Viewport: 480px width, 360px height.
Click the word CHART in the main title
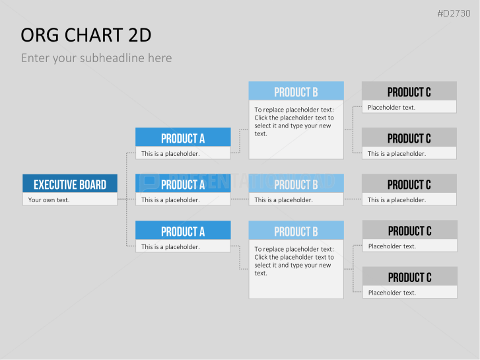93,35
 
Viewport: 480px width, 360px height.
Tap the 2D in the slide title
139,35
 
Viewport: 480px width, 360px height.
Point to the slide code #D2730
454,13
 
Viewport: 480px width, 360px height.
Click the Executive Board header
70,184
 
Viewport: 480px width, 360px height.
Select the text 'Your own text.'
49,200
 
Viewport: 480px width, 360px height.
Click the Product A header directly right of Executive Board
183,184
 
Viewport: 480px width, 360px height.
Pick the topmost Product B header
296,90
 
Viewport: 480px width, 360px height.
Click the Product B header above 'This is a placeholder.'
296,184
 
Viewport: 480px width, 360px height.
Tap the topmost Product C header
409,90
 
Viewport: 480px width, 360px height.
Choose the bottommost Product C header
409,276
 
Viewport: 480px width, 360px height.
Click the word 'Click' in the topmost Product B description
261,118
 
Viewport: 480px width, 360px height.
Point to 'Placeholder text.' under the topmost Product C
392,108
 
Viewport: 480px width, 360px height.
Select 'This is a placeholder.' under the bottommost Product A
170,247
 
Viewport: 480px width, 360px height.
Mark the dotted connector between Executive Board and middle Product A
126,199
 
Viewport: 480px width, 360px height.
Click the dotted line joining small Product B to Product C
353,199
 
